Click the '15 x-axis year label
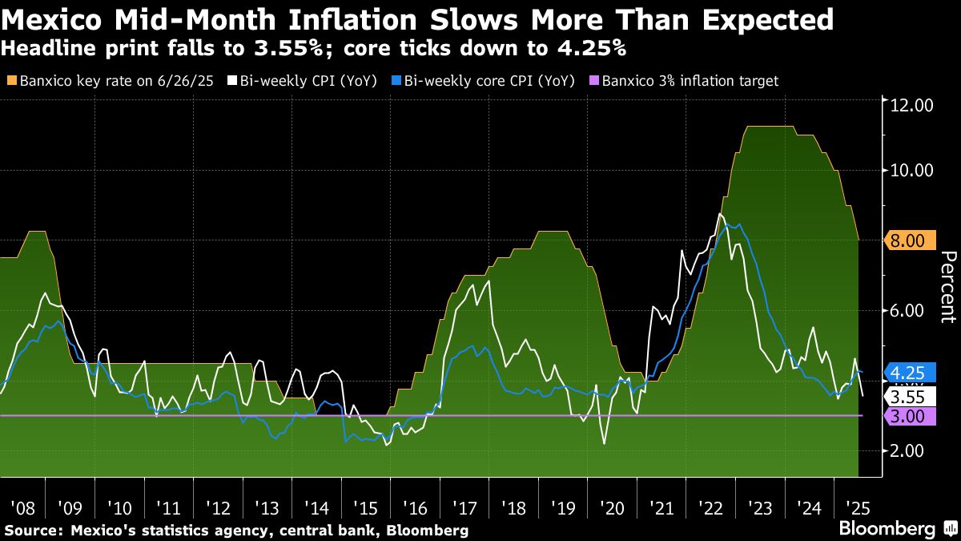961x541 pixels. click(365, 507)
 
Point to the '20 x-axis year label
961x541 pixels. click(612, 507)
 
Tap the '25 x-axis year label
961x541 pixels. click(858, 507)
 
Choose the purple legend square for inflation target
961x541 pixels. click(593, 81)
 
